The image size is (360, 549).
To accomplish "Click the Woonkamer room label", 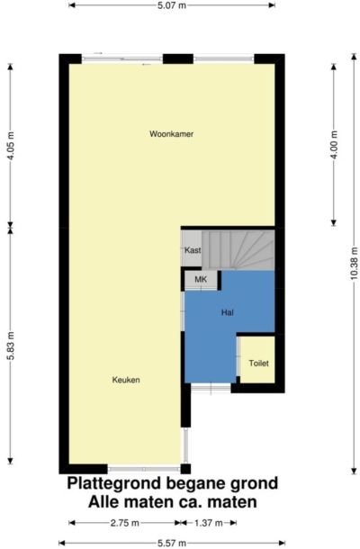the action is tap(171, 134).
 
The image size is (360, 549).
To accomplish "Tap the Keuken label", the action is tap(126, 380).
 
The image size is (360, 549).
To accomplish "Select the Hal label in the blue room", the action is tap(228, 312).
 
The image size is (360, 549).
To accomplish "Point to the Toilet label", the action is tap(259, 364).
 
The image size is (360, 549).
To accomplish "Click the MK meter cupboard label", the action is tap(201, 279).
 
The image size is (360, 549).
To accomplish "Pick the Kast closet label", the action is tap(193, 250).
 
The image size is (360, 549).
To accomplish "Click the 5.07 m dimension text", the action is tap(172, 5).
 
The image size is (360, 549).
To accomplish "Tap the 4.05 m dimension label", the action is tap(11, 146).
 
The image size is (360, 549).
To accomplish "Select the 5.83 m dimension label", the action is tap(11, 346).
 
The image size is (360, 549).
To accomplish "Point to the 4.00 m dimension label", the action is tap(334, 145).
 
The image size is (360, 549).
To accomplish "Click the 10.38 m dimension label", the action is tap(354, 263).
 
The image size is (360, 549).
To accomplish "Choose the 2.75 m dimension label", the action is tap(125, 523).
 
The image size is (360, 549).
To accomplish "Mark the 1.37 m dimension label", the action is tap(209, 523).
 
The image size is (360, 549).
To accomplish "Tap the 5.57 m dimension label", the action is tap(172, 544).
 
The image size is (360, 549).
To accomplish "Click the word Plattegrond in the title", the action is tap(114, 484).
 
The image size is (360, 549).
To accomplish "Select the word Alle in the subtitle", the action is tap(102, 502).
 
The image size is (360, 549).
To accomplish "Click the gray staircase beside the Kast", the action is tap(238, 250).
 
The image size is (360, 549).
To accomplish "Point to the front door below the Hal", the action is tap(211, 388).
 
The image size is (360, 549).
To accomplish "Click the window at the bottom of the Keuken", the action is tap(144, 469).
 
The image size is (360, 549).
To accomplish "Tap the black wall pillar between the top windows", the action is tap(178, 58).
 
